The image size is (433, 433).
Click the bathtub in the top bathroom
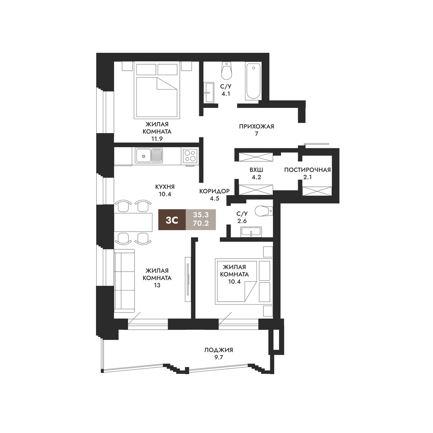tap(253, 81)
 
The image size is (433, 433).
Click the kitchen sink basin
tap(143, 155)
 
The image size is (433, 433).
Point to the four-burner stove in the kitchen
tap(190, 156)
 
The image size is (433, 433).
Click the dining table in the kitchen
tap(133, 222)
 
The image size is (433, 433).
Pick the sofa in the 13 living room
tap(124, 281)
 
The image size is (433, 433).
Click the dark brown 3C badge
tap(172, 219)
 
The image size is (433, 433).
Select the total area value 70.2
tap(201, 223)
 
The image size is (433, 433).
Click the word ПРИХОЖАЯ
tap(257, 127)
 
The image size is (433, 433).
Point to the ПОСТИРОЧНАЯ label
tap(307, 170)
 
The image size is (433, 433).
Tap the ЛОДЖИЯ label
tap(219, 350)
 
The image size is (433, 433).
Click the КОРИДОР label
tap(214, 191)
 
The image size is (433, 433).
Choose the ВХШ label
tap(256, 170)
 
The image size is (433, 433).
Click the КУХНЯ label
tap(165, 187)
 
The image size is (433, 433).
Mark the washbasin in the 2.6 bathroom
tap(251, 232)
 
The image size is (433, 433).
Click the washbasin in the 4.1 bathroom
tap(209, 92)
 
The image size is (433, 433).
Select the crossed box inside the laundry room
tap(317, 191)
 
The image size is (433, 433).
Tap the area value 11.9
tap(157, 139)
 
